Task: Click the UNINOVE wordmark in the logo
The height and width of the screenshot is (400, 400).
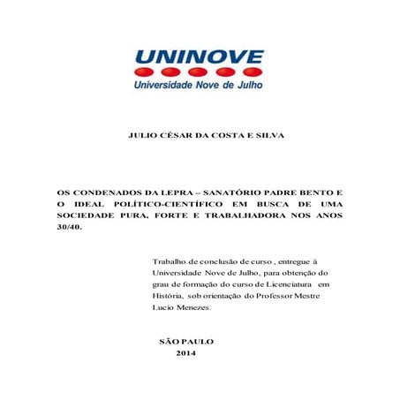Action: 199,58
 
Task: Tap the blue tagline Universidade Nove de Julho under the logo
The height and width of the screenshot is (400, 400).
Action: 199,87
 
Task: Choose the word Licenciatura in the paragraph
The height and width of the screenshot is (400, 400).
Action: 290,285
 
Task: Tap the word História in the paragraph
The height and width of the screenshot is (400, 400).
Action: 170,297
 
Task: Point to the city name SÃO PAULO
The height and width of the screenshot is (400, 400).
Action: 185,340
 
